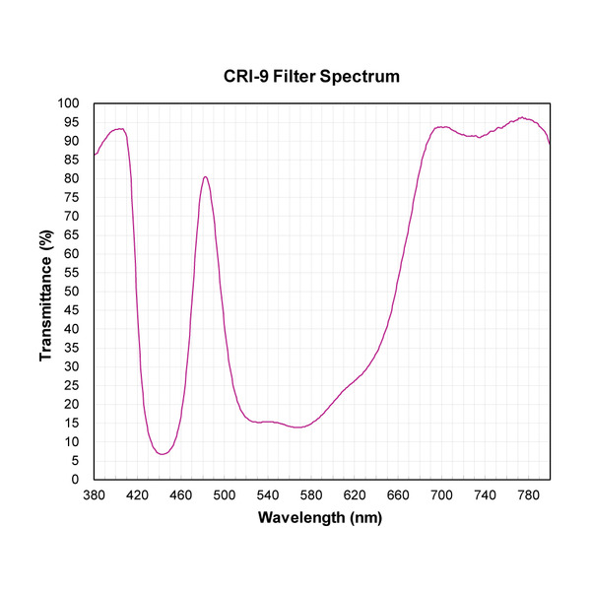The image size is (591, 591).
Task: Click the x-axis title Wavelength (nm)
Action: [x=320, y=517]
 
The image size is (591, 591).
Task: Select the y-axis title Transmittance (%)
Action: [x=45, y=291]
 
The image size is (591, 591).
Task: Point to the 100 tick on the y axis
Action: [x=70, y=103]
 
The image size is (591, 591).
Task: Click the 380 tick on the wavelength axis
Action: [x=95, y=495]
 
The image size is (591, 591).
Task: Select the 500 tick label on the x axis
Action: [x=225, y=495]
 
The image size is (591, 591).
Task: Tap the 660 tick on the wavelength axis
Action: [x=398, y=495]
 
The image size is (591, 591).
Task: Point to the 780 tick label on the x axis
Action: [x=528, y=495]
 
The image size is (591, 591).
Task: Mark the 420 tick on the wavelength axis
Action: [x=138, y=495]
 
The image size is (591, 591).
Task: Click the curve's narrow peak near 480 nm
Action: [x=205, y=177]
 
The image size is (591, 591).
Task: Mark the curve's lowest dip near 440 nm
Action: [x=161, y=454]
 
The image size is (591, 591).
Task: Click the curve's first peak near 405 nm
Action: [x=120, y=129]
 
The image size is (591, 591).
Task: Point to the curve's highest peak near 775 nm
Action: [x=523, y=117]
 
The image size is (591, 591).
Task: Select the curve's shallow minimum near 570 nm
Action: [x=297, y=427]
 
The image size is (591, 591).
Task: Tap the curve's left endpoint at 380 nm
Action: [x=95, y=155]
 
